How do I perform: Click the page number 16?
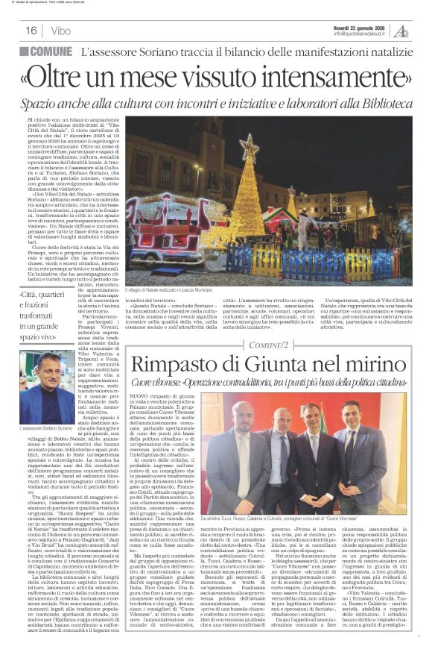coord(31,31)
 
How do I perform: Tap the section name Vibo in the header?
coord(61,31)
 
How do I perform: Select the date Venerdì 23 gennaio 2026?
coord(362,26)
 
